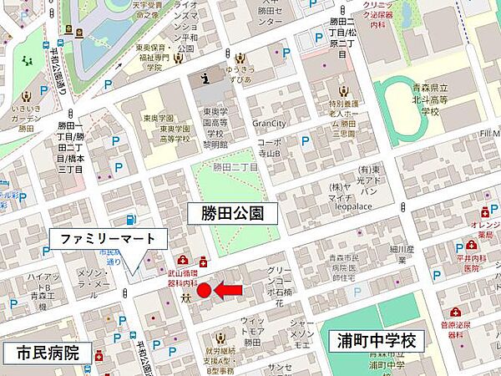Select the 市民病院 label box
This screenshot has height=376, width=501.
point(45,353)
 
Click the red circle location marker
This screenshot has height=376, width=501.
point(204,290)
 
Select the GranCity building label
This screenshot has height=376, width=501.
point(269,122)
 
